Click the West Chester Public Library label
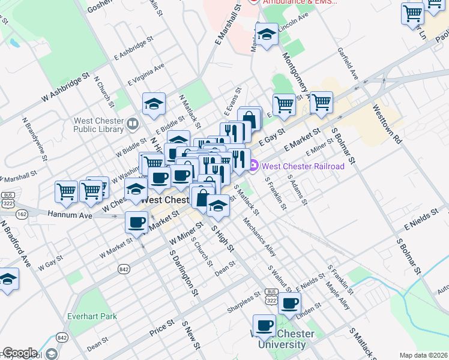98,124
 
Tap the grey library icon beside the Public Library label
133,124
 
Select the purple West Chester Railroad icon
255,166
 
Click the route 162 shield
22,214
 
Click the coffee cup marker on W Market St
136,223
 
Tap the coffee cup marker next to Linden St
291,304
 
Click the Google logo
19,353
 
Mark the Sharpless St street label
243,308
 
